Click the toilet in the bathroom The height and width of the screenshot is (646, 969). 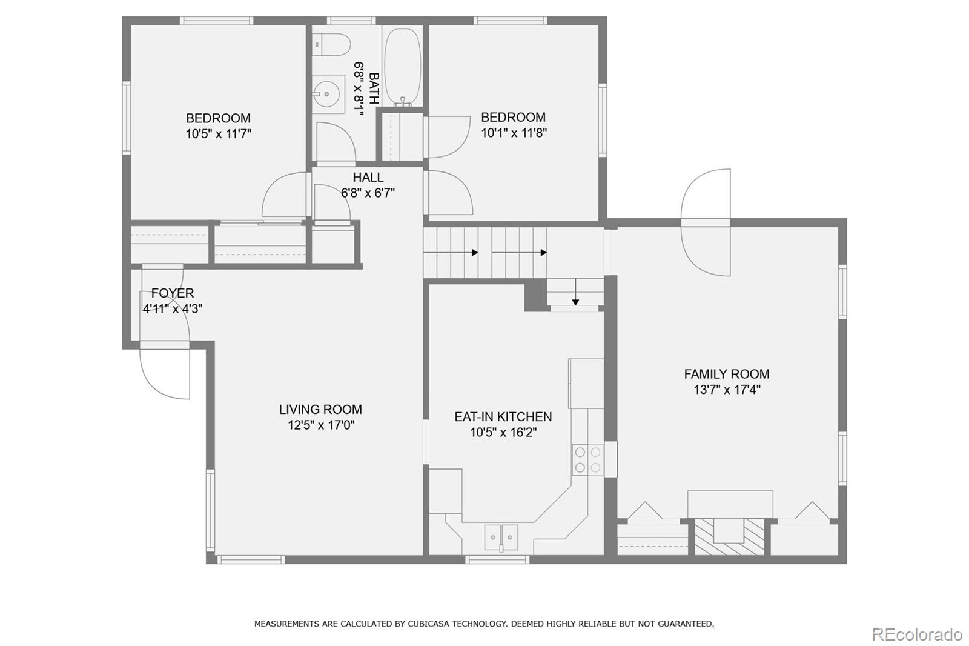(x=334, y=45)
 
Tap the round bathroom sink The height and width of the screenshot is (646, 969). (x=326, y=94)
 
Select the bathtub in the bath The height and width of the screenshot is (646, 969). (x=403, y=67)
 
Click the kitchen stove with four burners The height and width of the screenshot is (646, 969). (x=587, y=459)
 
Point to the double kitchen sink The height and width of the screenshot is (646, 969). (x=501, y=538)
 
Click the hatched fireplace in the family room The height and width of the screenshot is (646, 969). (x=729, y=536)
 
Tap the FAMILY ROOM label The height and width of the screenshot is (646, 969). (x=727, y=374)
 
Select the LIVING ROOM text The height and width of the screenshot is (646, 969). (x=320, y=409)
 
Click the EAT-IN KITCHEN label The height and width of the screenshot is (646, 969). (x=503, y=416)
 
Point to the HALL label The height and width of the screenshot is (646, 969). (x=368, y=177)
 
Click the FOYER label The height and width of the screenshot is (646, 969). (x=173, y=293)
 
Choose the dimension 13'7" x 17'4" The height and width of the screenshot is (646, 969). (x=727, y=390)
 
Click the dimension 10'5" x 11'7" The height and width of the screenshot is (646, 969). (x=218, y=133)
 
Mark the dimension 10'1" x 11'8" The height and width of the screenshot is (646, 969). (x=514, y=132)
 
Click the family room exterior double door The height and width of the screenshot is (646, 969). (x=706, y=222)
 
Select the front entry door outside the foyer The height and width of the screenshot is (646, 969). (x=165, y=372)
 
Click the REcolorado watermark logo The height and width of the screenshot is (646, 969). (x=916, y=634)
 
